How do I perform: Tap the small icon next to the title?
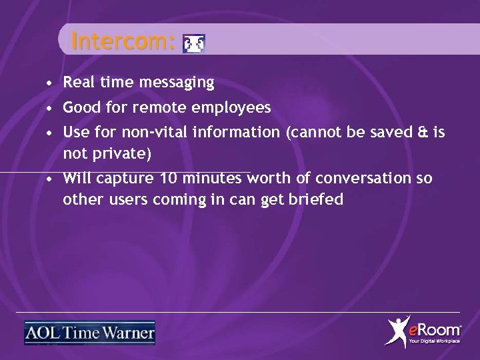pos(194,44)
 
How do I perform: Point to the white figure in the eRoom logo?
pos(398,332)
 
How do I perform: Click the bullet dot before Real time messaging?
pos(51,84)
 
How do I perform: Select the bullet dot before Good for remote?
pos(51,108)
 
